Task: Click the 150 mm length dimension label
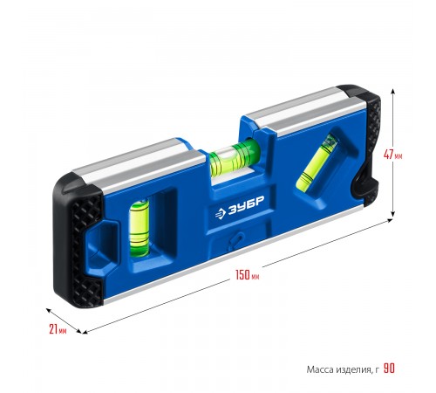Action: pos(248,275)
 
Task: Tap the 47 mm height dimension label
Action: pos(393,155)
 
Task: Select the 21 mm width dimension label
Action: pos(58,329)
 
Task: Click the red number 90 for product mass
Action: pos(389,369)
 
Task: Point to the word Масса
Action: pos(320,369)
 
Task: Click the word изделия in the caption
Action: pos(354,370)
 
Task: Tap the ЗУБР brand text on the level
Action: pos(246,205)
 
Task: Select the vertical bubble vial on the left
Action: pos(140,228)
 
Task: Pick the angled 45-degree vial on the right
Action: pos(317,164)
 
